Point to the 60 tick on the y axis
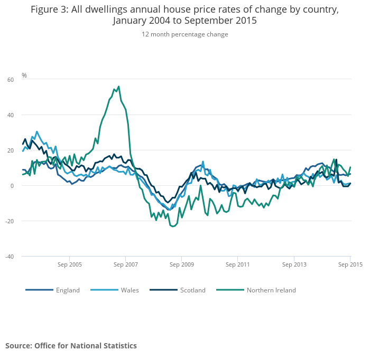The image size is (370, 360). click(11, 80)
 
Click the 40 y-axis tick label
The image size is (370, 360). click(11, 115)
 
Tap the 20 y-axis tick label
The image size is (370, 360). click(11, 150)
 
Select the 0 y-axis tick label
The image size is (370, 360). click(12, 186)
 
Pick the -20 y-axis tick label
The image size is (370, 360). click(10, 221)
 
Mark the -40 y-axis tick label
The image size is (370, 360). click(10, 257)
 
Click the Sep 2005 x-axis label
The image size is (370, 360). click(70, 264)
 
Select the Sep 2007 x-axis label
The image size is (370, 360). click(126, 264)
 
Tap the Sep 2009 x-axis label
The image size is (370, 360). click(181, 264)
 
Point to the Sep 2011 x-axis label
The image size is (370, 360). click(237, 264)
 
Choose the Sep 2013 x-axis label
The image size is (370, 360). click(293, 264)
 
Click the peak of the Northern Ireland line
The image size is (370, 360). click(118, 87)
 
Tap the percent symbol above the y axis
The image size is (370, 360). click(24, 75)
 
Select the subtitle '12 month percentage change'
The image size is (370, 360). click(184, 34)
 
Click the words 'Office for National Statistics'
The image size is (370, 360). click(86, 346)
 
